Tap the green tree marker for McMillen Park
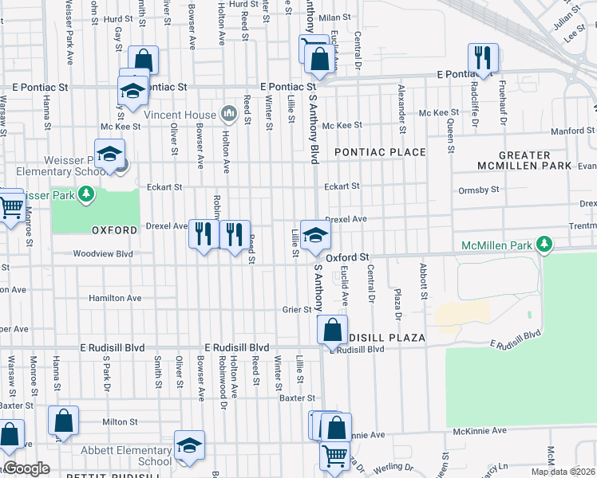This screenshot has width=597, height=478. point(544,243)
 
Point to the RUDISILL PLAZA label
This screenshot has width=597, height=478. point(382,338)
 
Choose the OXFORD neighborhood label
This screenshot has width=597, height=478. point(115,229)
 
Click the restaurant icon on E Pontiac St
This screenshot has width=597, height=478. point(483,57)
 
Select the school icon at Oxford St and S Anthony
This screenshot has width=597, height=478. point(315,234)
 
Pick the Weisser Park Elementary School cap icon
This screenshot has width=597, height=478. point(110,153)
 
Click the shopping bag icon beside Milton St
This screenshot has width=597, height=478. point(63,421)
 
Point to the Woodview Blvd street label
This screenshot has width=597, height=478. point(102,254)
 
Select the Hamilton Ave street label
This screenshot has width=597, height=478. point(115,298)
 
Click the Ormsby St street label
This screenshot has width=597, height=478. point(479,190)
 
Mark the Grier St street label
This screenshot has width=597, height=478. point(296,309)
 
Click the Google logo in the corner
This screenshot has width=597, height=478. point(26,468)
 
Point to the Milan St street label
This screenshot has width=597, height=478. point(334,17)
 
